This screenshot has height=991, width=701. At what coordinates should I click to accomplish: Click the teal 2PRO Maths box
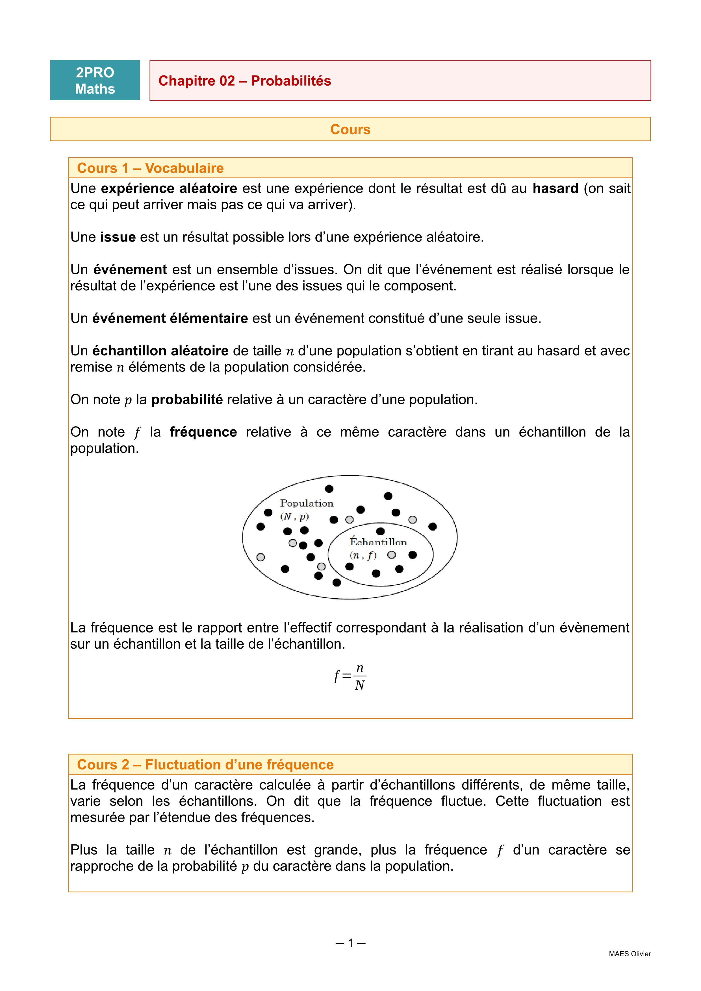pyautogui.click(x=95, y=80)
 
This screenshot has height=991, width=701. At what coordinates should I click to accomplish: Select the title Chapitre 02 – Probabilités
pyautogui.click(x=244, y=81)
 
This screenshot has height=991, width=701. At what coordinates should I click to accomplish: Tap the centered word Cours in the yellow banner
pyautogui.click(x=350, y=129)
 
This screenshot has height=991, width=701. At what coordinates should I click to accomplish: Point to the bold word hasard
pyautogui.click(x=555, y=189)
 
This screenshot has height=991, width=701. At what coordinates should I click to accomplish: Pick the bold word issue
pyautogui.click(x=118, y=237)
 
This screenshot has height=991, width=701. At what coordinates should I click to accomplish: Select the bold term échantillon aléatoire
pyautogui.click(x=160, y=351)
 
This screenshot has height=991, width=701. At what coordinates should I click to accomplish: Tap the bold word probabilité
pyautogui.click(x=187, y=400)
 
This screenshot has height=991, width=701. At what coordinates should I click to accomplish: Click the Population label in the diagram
pyautogui.click(x=307, y=503)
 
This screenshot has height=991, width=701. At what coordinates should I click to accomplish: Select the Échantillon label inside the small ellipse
pyautogui.click(x=378, y=542)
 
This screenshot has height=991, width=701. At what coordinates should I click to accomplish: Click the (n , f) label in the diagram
pyautogui.click(x=363, y=555)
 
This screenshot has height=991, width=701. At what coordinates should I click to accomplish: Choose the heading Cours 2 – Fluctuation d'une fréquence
pyautogui.click(x=205, y=764)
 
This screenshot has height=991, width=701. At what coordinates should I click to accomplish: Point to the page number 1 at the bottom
pyautogui.click(x=350, y=943)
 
